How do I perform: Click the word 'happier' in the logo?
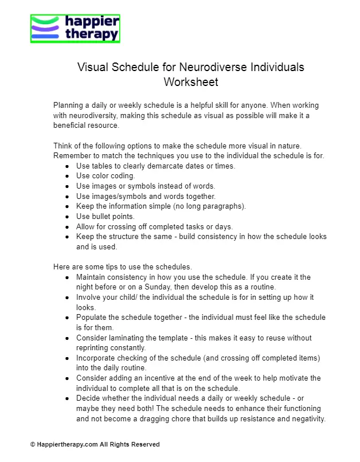[92, 22]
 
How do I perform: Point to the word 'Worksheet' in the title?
[191, 82]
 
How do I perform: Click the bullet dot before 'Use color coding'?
[68, 176]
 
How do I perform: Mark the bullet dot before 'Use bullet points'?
[68, 216]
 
